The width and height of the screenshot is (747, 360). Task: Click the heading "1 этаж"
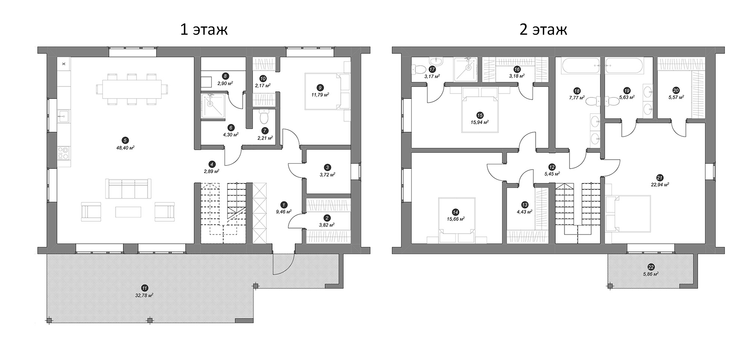(204, 30)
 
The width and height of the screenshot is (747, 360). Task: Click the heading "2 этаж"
(543, 30)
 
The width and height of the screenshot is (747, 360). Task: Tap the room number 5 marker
(125, 140)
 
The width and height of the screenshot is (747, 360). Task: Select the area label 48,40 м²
(125, 148)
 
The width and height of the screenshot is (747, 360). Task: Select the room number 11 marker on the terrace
(144, 288)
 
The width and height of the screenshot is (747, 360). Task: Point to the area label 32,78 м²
(145, 295)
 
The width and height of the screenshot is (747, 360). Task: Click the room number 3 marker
(328, 167)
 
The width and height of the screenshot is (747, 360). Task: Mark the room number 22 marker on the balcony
(651, 267)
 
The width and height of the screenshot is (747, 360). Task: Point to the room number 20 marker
(676, 90)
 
